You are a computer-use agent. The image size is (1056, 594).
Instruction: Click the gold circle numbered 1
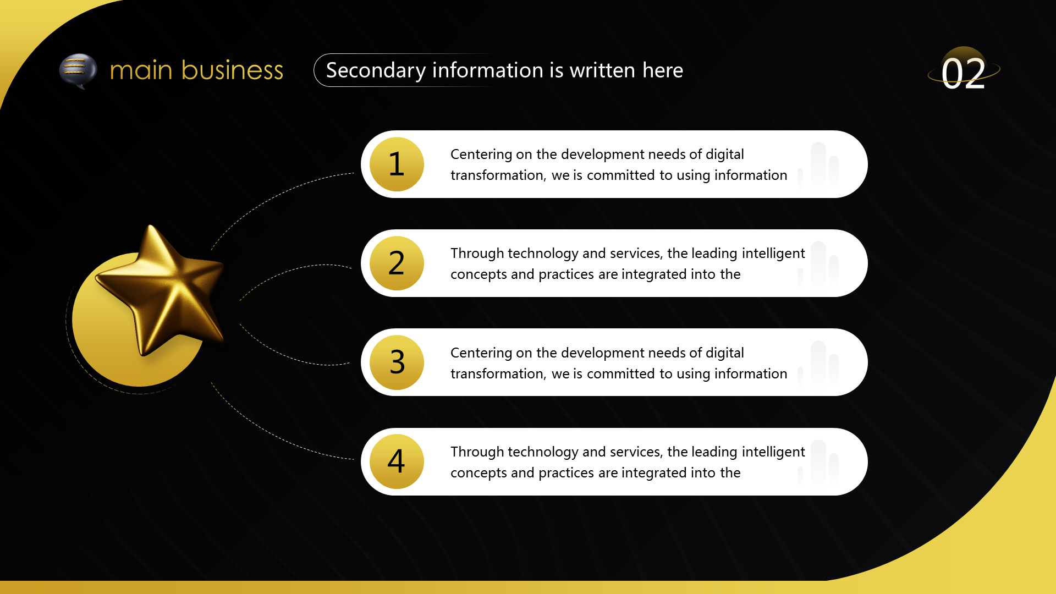(397, 164)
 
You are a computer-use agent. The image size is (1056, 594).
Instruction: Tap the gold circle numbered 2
(397, 263)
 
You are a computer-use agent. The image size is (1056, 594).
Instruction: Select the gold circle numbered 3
(397, 362)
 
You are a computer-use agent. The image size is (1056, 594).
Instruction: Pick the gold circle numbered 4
(397, 461)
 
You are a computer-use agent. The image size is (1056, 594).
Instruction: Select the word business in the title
(232, 70)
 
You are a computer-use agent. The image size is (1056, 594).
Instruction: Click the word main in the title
(141, 71)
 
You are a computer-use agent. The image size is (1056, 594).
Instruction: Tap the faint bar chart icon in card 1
(818, 166)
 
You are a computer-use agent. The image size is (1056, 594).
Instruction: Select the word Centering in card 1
(481, 155)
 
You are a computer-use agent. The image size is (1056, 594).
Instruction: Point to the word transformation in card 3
(498, 374)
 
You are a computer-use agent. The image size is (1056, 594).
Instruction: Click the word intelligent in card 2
(773, 254)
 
